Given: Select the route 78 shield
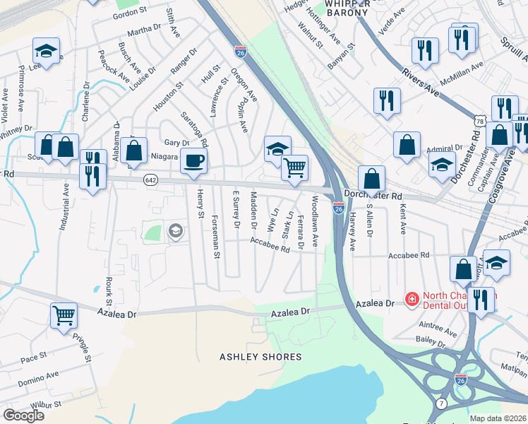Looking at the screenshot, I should click(x=479, y=122).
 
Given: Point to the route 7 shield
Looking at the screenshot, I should click(x=441, y=403).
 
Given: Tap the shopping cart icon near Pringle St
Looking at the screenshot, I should click(x=64, y=314).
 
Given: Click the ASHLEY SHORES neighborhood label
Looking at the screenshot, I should click(x=260, y=357).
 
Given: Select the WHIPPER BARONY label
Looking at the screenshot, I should click(x=347, y=8).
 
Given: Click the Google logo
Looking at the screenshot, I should click(x=23, y=415).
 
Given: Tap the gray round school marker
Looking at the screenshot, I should click(x=175, y=231).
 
